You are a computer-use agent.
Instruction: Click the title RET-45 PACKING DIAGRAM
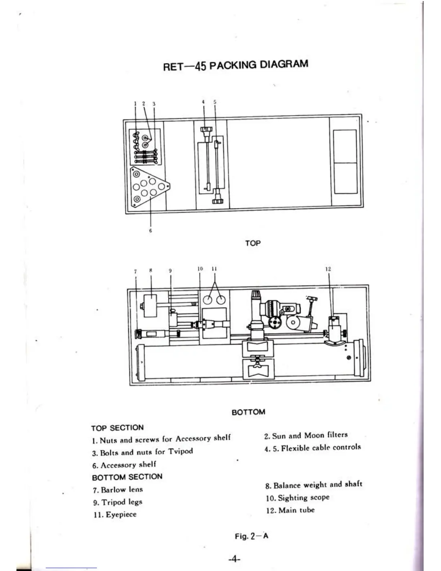[x=236, y=66]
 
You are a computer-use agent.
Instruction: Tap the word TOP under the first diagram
[x=253, y=243]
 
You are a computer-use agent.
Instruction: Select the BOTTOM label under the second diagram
[x=248, y=412]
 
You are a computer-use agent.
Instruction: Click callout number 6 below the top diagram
[x=151, y=231]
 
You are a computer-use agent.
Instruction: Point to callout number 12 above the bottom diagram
[x=328, y=269]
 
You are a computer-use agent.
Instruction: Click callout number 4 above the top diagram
[x=203, y=102]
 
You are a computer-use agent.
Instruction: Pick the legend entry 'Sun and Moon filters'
[x=309, y=435]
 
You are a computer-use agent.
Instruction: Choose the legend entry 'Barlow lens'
[x=122, y=490]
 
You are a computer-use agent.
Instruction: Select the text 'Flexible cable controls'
[x=321, y=448]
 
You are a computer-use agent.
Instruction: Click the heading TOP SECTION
[x=117, y=428]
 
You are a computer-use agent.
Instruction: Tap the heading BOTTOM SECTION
[x=127, y=477]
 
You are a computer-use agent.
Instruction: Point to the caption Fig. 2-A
[x=251, y=536]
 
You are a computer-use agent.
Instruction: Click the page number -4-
[x=234, y=559]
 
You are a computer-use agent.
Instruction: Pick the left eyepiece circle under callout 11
[x=208, y=300]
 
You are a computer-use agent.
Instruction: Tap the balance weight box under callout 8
[x=150, y=306]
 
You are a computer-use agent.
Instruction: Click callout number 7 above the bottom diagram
[x=135, y=271]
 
